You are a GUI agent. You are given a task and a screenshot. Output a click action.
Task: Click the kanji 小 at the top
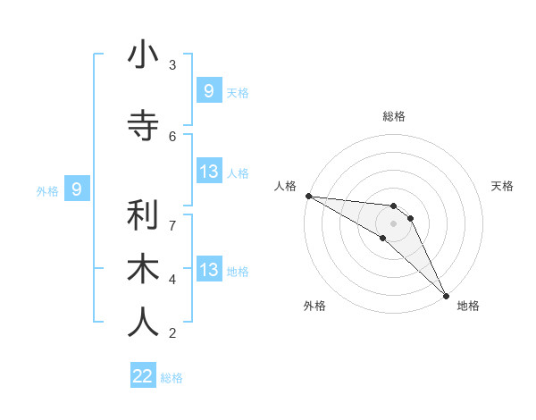[143, 55]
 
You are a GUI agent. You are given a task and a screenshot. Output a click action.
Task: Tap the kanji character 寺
[143, 126]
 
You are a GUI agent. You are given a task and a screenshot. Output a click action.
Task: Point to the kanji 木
[143, 269]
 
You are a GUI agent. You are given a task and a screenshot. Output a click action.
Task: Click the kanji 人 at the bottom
[143, 323]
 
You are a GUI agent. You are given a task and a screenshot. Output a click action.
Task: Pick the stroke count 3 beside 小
[172, 65]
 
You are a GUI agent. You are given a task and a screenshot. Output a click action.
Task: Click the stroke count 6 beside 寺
[172, 136]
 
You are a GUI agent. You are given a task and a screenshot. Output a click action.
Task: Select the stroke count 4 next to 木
[172, 279]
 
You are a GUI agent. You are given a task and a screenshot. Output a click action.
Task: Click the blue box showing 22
[143, 376]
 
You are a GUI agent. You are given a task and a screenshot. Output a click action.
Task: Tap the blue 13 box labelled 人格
[209, 172]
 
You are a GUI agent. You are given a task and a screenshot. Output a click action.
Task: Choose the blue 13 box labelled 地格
[209, 270]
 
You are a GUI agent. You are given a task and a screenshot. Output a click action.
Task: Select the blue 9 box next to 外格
[77, 189]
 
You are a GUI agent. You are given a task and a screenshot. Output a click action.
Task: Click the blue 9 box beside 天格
[209, 91]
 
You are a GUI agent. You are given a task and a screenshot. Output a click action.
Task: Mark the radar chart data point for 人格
[307, 196]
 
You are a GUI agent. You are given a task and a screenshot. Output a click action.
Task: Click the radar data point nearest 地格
[446, 294]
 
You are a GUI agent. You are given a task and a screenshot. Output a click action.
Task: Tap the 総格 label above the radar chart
[393, 116]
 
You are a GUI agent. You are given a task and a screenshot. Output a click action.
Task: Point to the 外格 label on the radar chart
[314, 306]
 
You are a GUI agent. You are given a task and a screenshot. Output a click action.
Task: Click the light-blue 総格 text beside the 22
[172, 378]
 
